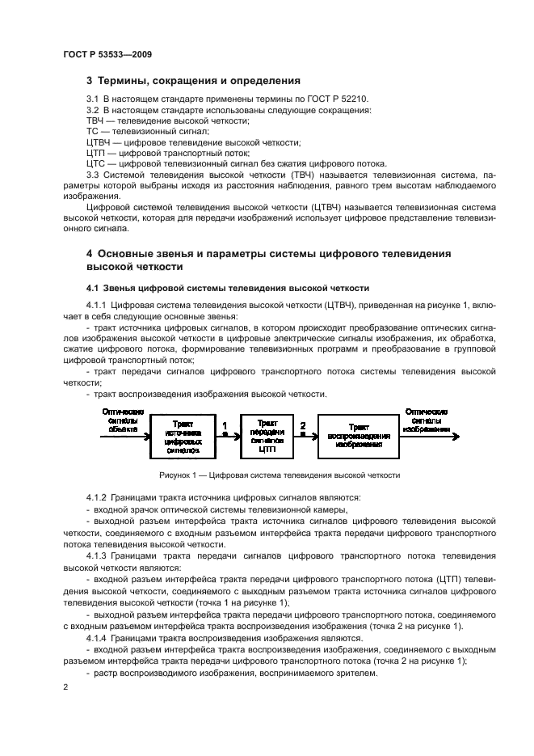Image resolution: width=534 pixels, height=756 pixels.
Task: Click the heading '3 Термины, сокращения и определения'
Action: pyautogui.click(x=193, y=81)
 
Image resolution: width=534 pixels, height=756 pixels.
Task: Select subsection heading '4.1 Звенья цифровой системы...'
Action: pyautogui.click(x=227, y=287)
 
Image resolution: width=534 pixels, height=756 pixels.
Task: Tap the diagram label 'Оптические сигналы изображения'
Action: pyautogui.click(x=427, y=420)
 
